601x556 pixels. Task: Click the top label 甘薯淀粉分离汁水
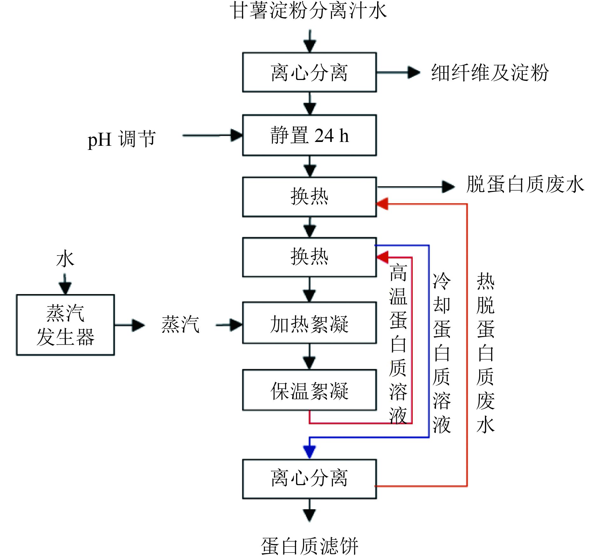(x=308, y=11)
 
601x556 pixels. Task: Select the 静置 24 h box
(x=309, y=136)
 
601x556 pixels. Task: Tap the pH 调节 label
(x=122, y=139)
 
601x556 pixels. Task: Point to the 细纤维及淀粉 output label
(x=490, y=73)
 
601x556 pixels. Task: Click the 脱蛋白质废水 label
(x=525, y=184)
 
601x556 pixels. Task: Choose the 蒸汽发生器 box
(x=66, y=325)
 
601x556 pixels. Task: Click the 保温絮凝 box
(x=309, y=390)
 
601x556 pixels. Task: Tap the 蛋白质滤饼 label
(x=309, y=546)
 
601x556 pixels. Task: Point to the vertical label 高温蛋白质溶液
(x=398, y=344)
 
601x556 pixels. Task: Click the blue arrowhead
(x=309, y=452)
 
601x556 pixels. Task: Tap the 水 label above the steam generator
(x=65, y=258)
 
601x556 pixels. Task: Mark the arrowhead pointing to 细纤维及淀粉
(x=414, y=72)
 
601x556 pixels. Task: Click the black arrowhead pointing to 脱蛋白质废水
(x=448, y=187)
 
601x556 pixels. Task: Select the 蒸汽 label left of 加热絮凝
(x=180, y=325)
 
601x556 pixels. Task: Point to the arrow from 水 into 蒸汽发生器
(x=65, y=284)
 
